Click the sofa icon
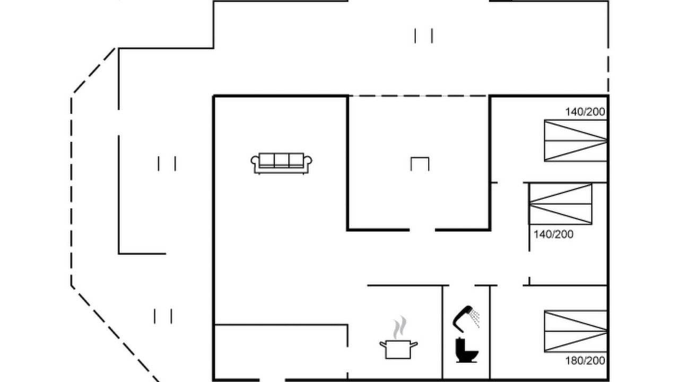pos(281,163)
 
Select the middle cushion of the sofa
pos(281,160)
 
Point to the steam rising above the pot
pos(399,327)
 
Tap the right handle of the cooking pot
pos(414,344)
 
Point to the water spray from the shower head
pos(476,318)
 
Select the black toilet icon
pos(466,350)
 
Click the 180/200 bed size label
pos(585,361)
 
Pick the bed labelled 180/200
pos(576,331)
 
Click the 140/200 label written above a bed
pos(585,112)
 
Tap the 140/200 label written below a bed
pos(553,235)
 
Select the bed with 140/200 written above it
pos(576,141)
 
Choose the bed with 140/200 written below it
pos(561,204)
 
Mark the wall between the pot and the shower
pos(442,333)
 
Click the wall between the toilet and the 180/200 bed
pos(490,333)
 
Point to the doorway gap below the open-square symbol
pos(422,230)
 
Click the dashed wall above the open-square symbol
pos(419,96)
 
